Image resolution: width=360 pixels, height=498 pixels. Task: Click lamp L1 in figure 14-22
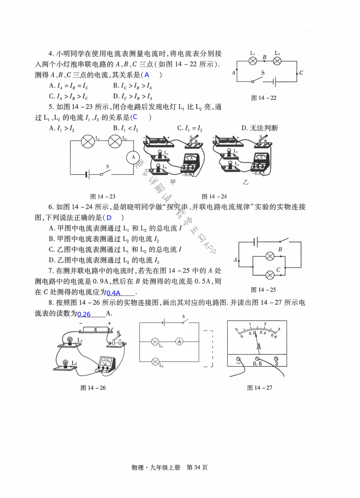(x=253, y=61)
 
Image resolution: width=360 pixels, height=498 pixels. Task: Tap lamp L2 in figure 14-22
(x=277, y=61)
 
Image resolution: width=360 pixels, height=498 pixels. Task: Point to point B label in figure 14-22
(x=264, y=57)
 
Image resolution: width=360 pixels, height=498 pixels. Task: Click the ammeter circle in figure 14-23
(x=133, y=157)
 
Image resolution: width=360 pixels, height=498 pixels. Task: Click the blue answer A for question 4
(x=147, y=75)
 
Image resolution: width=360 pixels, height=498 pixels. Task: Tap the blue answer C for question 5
(x=135, y=117)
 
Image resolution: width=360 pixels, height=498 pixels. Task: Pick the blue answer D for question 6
(x=109, y=218)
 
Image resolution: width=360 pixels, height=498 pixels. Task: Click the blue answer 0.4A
(x=113, y=293)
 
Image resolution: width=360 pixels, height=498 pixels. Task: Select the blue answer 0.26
(x=84, y=314)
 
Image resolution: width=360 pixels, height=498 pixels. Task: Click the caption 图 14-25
(x=263, y=290)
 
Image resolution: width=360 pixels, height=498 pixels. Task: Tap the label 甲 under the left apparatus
(x=173, y=182)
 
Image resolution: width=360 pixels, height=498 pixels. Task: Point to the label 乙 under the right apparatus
(x=246, y=182)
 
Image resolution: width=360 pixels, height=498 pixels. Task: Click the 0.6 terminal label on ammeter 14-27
(x=257, y=363)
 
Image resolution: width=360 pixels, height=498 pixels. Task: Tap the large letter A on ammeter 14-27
(x=259, y=347)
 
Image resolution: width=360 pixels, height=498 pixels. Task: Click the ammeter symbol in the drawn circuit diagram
(x=179, y=341)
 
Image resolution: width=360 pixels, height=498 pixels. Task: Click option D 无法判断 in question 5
(x=260, y=128)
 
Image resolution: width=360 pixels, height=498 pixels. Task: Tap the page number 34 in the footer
(x=197, y=467)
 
